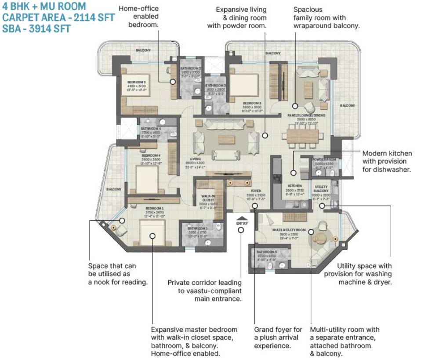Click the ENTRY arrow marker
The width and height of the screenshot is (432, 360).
coord(242,217)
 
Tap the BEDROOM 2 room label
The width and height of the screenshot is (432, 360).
coord(137,82)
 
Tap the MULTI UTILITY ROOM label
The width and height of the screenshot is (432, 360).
coord(289,230)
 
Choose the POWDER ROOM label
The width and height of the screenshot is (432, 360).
coord(323,159)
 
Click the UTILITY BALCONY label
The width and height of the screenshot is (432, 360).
coord(321,189)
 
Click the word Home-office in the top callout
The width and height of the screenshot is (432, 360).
coord(138,9)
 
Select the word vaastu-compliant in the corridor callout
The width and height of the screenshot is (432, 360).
coord(211,291)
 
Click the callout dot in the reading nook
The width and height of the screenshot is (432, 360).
coord(121,221)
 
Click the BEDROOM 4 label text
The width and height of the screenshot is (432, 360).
coord(151,155)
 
